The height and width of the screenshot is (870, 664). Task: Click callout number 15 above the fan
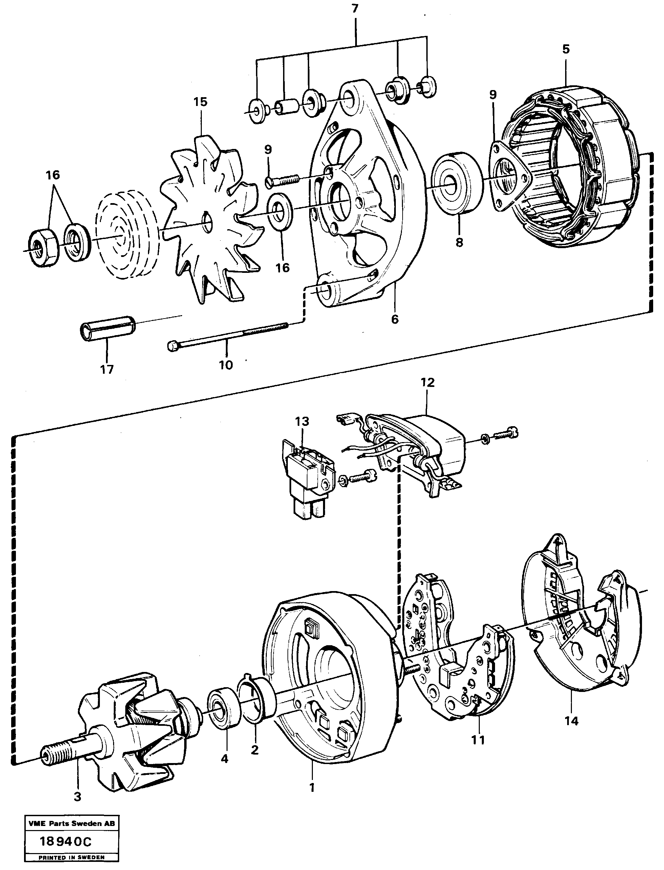(x=200, y=102)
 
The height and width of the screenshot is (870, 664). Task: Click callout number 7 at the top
(x=355, y=9)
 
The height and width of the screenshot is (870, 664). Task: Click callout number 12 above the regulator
(x=428, y=383)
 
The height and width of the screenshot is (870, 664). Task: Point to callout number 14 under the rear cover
(x=572, y=721)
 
